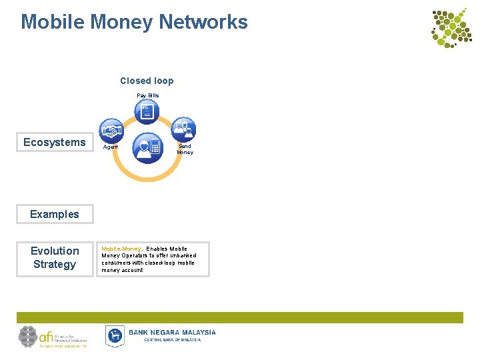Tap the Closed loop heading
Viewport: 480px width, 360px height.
tap(147, 81)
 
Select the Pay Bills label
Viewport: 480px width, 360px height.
tap(148, 95)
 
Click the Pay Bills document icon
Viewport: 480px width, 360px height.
tap(147, 111)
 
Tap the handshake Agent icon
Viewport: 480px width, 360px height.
tap(111, 129)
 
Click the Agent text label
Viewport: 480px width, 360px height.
tap(111, 147)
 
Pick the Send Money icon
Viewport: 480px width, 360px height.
tap(183, 129)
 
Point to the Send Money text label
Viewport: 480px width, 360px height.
tap(185, 149)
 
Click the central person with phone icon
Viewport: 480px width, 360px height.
tap(147, 147)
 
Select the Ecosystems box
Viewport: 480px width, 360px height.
tap(55, 142)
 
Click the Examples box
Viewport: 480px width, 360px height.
tap(55, 214)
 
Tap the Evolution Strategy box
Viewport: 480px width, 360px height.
tap(55, 258)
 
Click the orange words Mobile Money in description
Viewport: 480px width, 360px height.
tap(121, 249)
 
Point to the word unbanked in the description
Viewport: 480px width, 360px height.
tap(182, 255)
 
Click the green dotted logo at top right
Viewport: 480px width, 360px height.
tap(451, 28)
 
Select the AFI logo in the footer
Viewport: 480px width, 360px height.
tap(52, 337)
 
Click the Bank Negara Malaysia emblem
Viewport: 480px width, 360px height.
tap(115, 335)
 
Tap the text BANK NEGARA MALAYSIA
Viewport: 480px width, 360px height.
tap(172, 332)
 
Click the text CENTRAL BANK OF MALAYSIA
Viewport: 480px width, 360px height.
tap(172, 339)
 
